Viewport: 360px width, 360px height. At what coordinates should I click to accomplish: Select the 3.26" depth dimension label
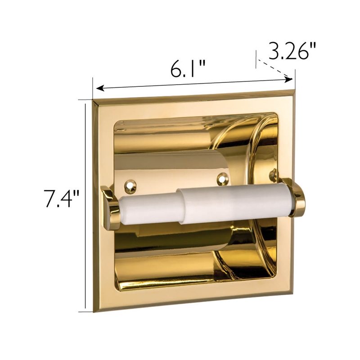[x=290, y=51]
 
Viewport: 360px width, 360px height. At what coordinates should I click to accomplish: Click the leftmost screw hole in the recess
[x=130, y=184]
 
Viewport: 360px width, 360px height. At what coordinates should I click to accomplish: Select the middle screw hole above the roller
[x=221, y=180]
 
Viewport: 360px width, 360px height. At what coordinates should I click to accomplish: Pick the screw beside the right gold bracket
[x=273, y=172]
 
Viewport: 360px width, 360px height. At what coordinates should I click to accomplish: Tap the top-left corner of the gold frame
[x=94, y=99]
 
